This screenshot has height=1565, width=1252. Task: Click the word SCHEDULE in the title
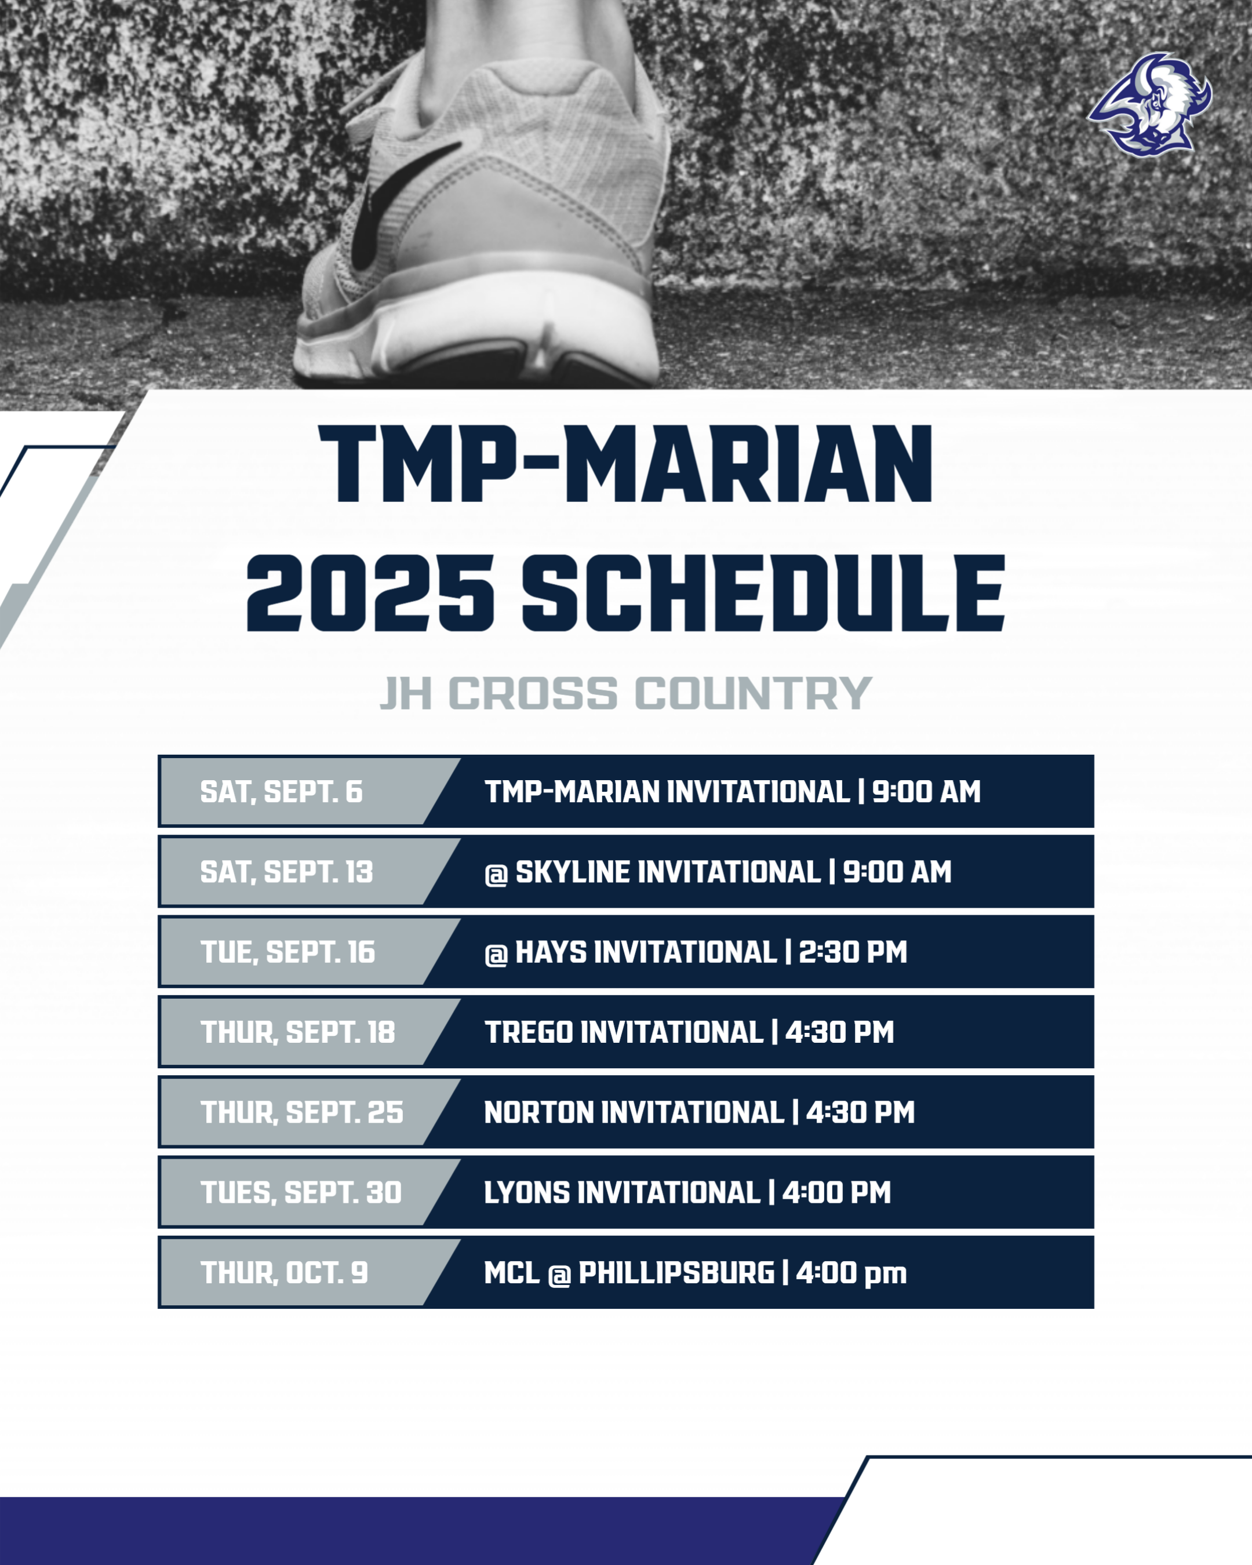[763, 594]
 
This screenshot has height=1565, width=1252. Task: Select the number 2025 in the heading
[370, 594]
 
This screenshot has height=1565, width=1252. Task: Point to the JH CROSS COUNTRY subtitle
[625, 693]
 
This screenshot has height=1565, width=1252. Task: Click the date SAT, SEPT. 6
[281, 792]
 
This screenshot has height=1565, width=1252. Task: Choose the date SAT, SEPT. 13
[286, 872]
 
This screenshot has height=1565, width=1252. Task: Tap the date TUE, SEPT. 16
[287, 952]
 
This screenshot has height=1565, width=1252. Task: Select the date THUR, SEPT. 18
[297, 1032]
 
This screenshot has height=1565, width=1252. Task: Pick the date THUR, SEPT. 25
[301, 1112]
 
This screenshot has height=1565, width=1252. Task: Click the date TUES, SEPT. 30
[300, 1193]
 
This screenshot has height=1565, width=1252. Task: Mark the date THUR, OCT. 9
[284, 1272]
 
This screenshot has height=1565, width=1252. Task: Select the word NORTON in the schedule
[538, 1112]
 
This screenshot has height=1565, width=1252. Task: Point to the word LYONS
[526, 1193]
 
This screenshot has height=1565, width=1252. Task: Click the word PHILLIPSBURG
[676, 1272]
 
